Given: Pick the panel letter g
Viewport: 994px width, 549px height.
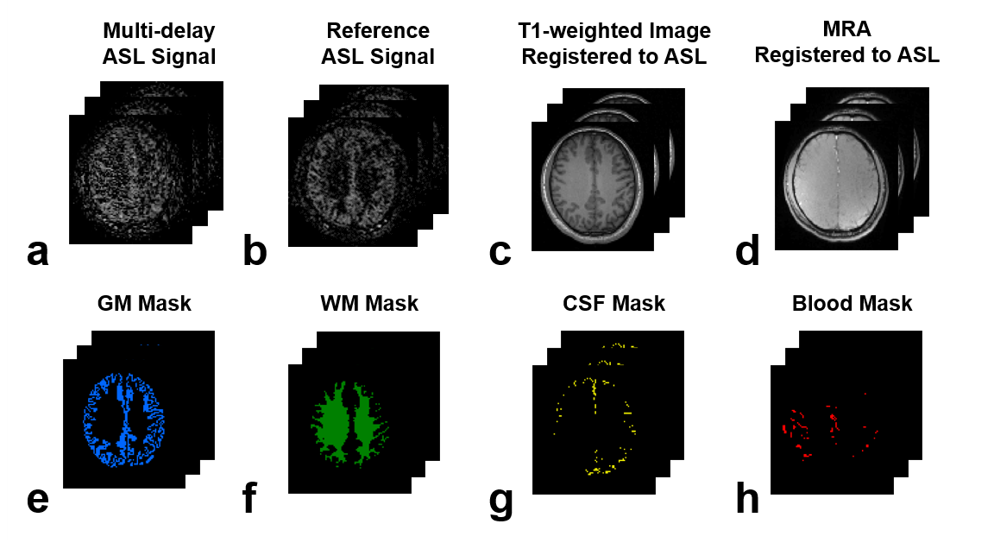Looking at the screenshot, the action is tap(500, 501).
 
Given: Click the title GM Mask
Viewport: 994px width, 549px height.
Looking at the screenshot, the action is tap(145, 304).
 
